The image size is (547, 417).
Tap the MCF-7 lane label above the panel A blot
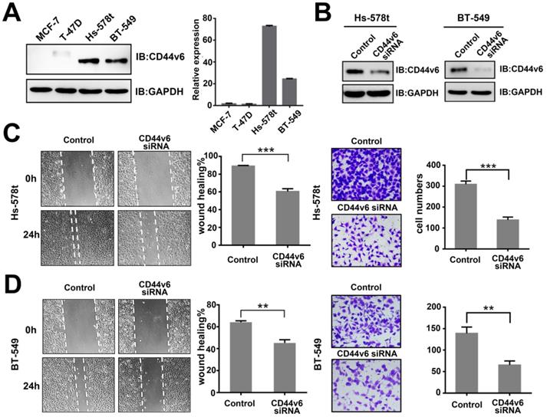[47, 29]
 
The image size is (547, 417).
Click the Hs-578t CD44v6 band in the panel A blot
[99, 61]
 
